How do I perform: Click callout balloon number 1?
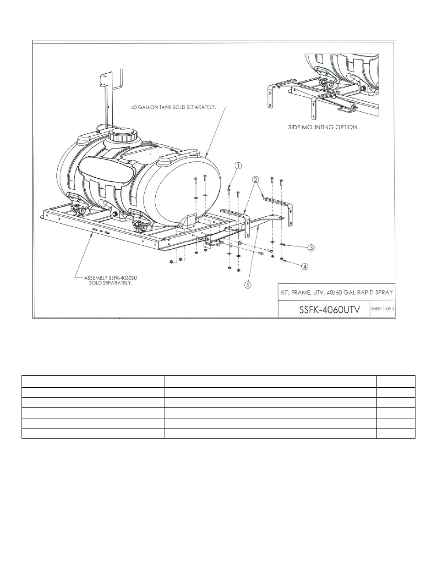click(x=238, y=165)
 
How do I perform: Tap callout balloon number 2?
click(x=256, y=180)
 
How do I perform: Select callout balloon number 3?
click(x=311, y=247)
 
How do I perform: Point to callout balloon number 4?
click(x=305, y=266)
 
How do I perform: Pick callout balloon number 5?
click(x=247, y=285)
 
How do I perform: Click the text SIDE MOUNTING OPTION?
click(x=322, y=127)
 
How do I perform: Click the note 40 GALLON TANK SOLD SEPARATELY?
click(x=173, y=107)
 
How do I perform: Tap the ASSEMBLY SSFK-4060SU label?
click(x=110, y=278)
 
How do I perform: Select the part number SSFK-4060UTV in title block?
click(x=329, y=310)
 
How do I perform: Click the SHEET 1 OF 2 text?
click(x=382, y=309)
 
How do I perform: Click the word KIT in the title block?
click(x=285, y=292)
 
